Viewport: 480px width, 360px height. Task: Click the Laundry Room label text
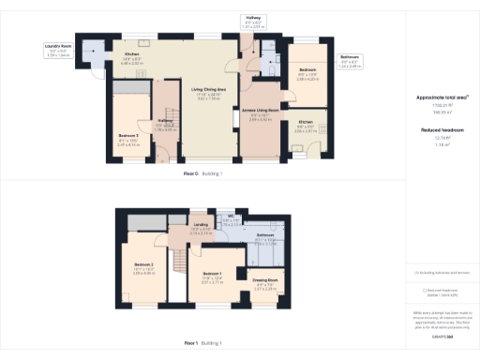coord(58,45)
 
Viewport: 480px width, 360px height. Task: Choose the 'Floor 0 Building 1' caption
coord(202,174)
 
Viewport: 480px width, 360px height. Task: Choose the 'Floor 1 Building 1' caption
coord(202,344)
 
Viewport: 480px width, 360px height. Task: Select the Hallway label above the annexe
coord(254,18)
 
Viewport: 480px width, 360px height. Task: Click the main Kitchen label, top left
coord(132,54)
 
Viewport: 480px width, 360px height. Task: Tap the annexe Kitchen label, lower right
coord(306,122)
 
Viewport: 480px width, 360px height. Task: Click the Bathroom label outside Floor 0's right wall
coord(349,59)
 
